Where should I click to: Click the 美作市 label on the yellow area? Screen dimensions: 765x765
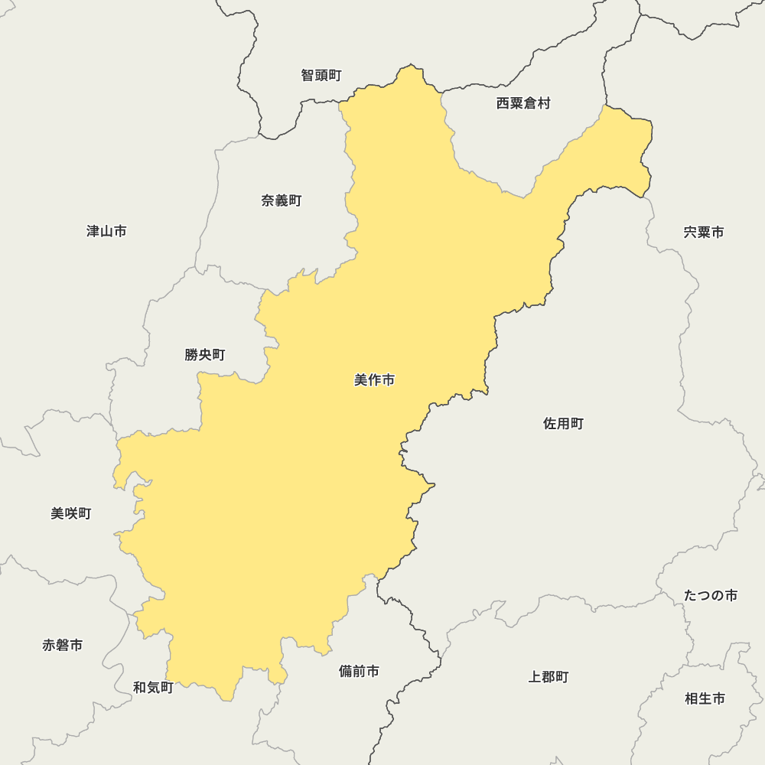click(374, 379)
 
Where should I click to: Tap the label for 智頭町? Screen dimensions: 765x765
click(321, 75)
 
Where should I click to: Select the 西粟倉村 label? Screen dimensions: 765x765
click(523, 103)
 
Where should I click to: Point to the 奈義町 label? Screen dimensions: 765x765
click(282, 200)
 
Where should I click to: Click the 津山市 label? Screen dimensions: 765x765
click(106, 230)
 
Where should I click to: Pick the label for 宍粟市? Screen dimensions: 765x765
click(704, 232)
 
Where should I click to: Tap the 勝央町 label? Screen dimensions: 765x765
click(205, 354)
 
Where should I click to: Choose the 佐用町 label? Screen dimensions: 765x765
click(564, 423)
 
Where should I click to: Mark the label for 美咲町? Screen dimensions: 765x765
click(71, 513)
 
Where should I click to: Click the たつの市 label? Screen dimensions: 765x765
click(711, 595)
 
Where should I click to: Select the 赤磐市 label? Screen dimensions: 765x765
click(63, 645)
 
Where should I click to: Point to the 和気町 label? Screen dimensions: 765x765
click(153, 687)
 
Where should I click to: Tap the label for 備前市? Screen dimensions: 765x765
click(359, 671)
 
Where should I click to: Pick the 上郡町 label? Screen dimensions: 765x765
click(549, 676)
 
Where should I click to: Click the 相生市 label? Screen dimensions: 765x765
click(705, 698)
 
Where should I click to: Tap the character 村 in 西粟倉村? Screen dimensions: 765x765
click(544, 103)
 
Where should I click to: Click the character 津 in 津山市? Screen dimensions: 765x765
click(93, 230)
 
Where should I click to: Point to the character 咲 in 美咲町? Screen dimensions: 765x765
click(71, 513)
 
